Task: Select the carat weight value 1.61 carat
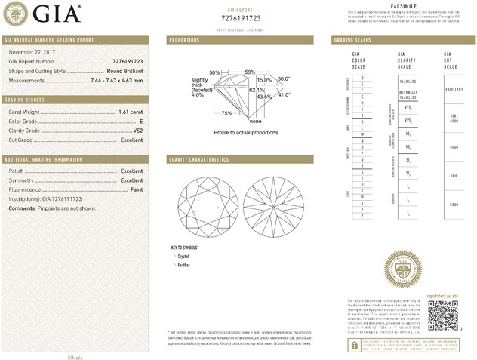click(x=131, y=112)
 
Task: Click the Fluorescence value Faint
click(x=135, y=190)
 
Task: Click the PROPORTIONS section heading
click(x=184, y=39)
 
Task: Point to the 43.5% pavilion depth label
click(x=265, y=97)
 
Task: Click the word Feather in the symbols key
click(x=183, y=266)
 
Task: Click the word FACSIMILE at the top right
click(x=402, y=5)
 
